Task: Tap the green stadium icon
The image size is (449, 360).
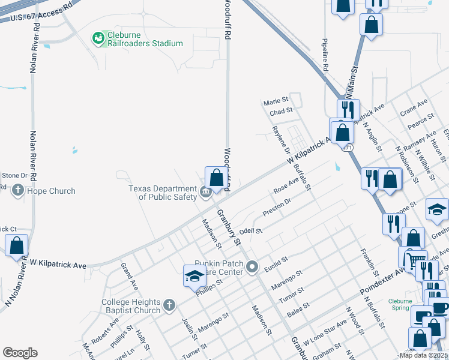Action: (x=98, y=38)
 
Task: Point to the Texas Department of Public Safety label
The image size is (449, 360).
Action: (x=163, y=192)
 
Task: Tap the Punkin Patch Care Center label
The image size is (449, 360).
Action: (x=219, y=267)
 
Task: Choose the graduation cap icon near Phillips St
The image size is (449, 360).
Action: (x=194, y=277)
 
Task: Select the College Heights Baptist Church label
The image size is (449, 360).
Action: (x=131, y=306)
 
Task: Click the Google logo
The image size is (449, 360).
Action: (x=20, y=352)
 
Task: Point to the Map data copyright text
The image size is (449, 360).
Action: (x=423, y=355)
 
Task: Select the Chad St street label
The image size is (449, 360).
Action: (x=280, y=110)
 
